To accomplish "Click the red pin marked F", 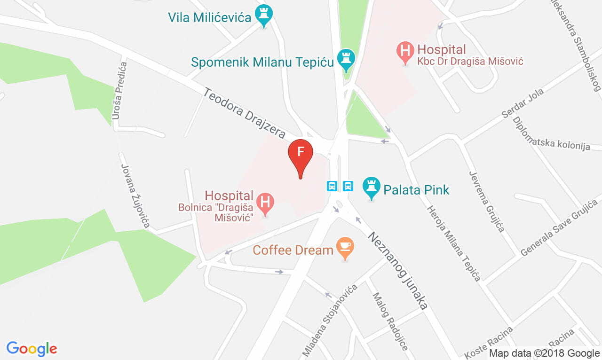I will click(x=300, y=154).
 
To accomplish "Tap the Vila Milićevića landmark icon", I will click(x=263, y=16).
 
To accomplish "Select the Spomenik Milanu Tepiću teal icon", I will click(x=347, y=59).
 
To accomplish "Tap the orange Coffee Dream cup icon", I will click(x=345, y=247).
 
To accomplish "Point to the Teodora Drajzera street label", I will click(x=244, y=112).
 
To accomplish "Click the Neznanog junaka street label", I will click(x=397, y=271).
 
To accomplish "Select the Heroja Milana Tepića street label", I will click(x=453, y=243).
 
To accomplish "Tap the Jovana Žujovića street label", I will click(x=135, y=196).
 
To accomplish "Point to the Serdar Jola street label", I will click(x=523, y=103).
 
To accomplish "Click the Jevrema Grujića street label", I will click(x=487, y=201).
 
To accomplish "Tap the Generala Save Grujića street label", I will click(x=559, y=227).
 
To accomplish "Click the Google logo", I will click(x=32, y=349).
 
